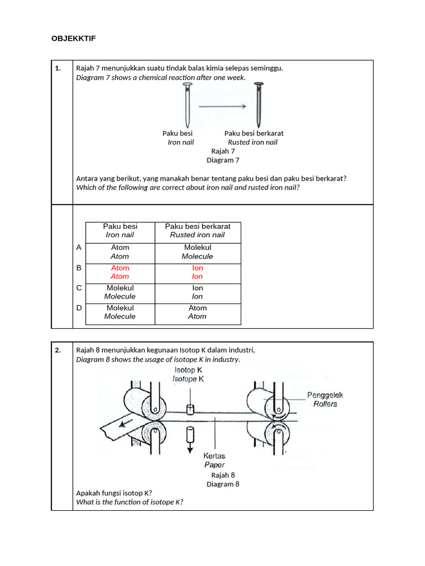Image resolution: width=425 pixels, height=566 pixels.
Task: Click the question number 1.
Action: pyautogui.click(x=58, y=69)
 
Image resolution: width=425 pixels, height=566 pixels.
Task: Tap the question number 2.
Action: pyautogui.click(x=58, y=350)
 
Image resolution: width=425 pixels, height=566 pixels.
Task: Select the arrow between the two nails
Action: pyautogui.click(x=222, y=106)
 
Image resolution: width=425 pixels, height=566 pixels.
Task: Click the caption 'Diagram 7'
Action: pyautogui.click(x=223, y=160)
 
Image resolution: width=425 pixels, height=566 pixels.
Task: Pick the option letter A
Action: pyautogui.click(x=79, y=248)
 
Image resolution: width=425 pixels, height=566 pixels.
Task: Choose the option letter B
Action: pyautogui.click(x=79, y=268)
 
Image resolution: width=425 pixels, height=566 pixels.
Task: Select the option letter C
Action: pyautogui.click(x=79, y=288)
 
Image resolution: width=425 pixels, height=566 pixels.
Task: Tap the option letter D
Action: pyautogui.click(x=79, y=308)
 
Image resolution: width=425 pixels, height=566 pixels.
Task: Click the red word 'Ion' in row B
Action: pyautogui.click(x=198, y=268)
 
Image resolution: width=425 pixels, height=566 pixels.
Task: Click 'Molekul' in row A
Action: pyautogui.click(x=198, y=248)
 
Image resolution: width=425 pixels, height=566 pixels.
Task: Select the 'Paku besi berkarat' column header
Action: pyautogui.click(x=198, y=227)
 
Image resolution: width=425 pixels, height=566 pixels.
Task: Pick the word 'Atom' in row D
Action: pyautogui.click(x=198, y=308)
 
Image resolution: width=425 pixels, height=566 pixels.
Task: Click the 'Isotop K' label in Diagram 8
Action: pyautogui.click(x=189, y=370)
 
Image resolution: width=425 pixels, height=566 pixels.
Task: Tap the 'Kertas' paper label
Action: pyautogui.click(x=215, y=457)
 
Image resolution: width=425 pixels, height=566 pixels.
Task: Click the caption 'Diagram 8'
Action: pyautogui.click(x=223, y=484)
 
